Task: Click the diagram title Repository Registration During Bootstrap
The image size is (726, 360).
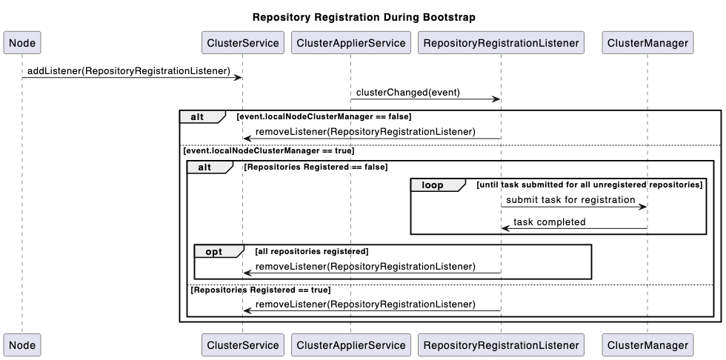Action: point(364,17)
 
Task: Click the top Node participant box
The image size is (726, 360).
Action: point(21,43)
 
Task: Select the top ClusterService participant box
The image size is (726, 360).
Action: point(242,43)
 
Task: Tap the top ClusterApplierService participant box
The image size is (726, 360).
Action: point(350,43)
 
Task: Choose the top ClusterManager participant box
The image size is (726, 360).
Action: point(647,43)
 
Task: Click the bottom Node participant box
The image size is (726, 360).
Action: point(21,344)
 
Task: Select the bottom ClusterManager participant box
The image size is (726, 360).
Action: point(647,344)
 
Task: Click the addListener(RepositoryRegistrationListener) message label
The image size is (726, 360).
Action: point(129,71)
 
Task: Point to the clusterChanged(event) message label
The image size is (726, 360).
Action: point(407,93)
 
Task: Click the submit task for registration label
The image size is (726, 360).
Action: point(571,200)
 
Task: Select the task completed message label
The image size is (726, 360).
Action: point(549,221)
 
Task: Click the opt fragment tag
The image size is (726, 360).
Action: point(213,252)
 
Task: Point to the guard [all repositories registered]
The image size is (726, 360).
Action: point(311,252)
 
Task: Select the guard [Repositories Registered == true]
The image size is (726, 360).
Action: point(261,290)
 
